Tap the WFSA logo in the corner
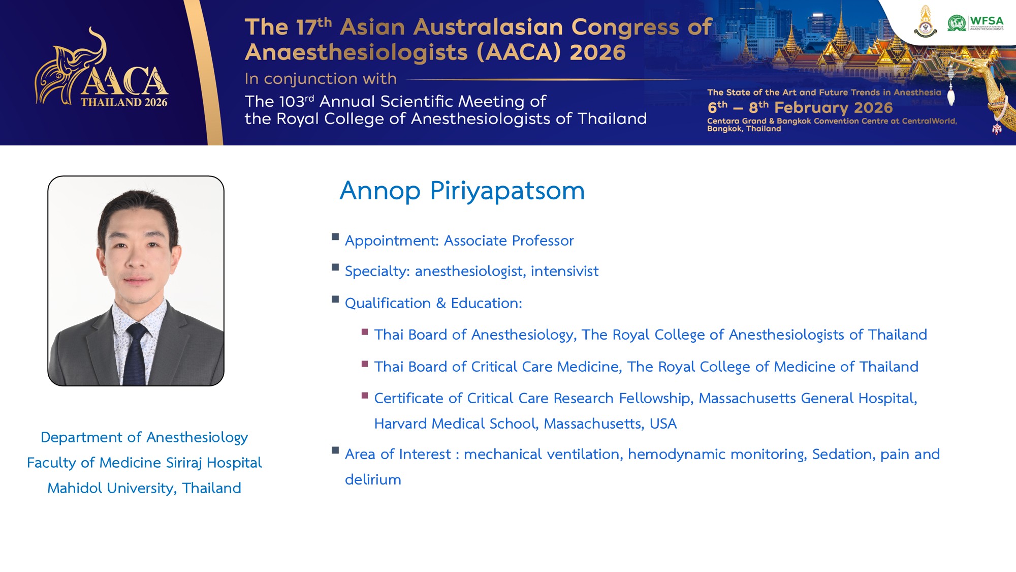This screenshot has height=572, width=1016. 975,23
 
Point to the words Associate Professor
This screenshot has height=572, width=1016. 509,240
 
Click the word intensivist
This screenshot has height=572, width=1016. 565,272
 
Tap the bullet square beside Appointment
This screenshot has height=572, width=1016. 335,236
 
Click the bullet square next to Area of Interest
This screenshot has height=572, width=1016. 335,450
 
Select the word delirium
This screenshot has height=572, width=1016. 373,479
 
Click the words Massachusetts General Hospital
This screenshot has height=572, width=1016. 808,398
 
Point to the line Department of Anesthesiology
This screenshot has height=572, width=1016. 144,438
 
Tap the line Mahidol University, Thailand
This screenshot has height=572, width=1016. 144,488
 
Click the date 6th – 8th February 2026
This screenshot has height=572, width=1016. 800,108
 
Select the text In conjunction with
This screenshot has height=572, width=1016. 321,79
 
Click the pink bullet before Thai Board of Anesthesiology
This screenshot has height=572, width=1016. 365,332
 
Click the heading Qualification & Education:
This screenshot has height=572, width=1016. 433,304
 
